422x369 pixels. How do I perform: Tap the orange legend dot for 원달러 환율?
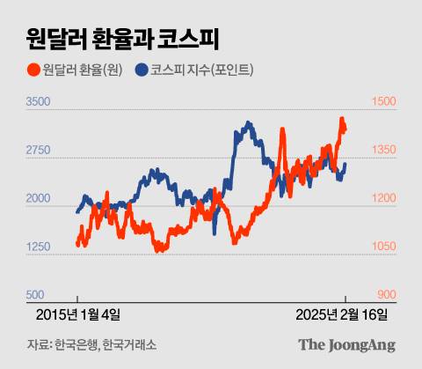33,70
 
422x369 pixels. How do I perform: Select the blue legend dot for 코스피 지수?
142,70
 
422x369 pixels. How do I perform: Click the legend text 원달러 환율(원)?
84,70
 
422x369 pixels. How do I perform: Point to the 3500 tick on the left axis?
39,103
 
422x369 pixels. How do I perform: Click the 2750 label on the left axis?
39,151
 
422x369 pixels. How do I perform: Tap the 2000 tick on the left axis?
39,200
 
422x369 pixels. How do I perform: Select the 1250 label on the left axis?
39,247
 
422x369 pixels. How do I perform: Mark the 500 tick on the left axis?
35,295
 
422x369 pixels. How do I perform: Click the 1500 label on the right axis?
384,103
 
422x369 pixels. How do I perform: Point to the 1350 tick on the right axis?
384,151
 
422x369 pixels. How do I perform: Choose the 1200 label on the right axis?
384,200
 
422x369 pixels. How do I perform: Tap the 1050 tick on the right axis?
384,247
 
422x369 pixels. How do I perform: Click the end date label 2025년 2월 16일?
342,314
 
